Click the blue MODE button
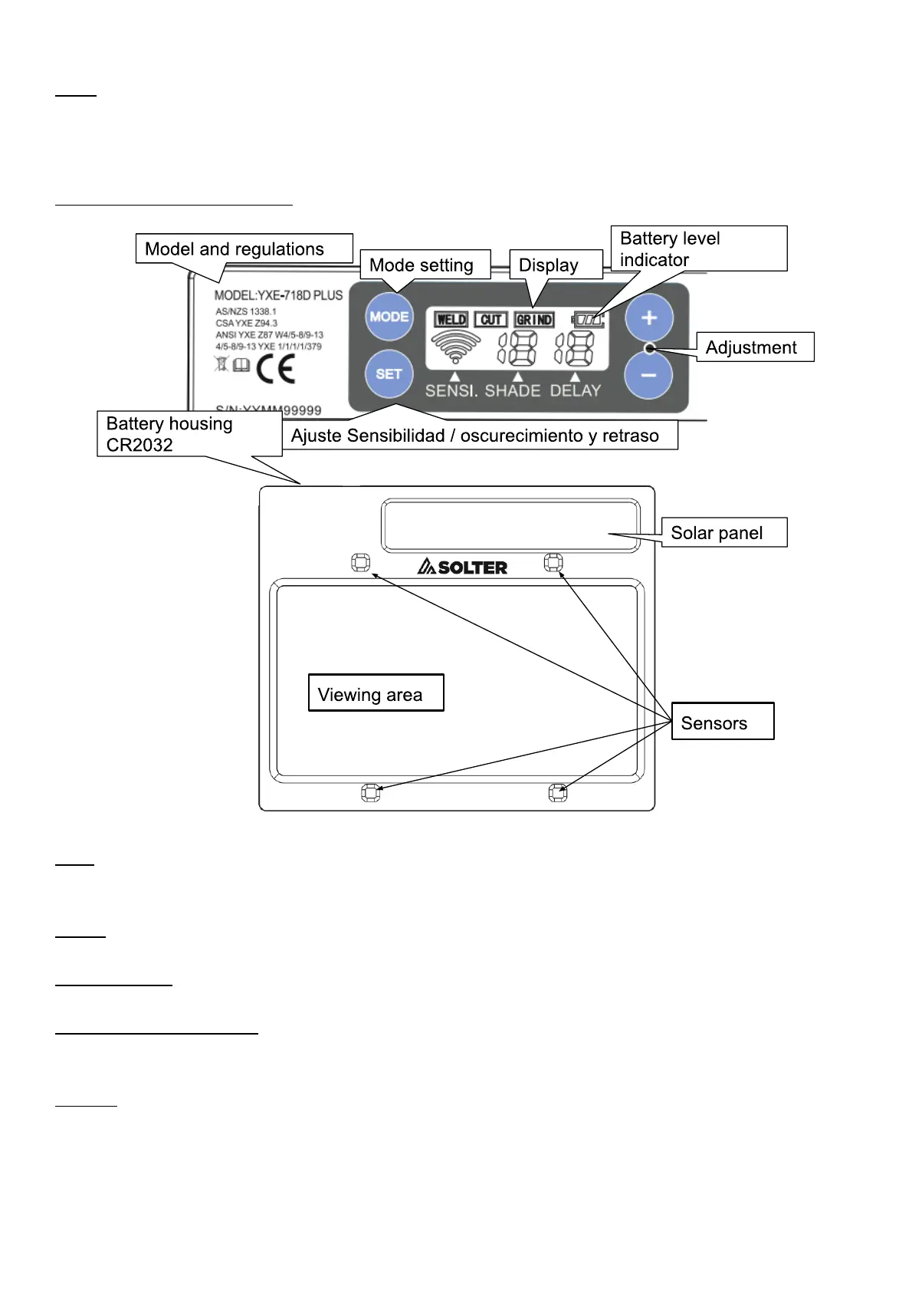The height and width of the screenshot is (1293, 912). tap(389, 317)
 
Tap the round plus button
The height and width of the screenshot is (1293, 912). tap(648, 317)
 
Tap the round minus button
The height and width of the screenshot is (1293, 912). tap(648, 376)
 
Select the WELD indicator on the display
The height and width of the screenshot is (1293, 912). tap(451, 320)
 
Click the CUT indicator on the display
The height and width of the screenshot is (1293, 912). tap(490, 320)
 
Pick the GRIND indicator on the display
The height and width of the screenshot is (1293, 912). tap(534, 320)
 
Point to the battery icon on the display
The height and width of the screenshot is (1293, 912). tap(589, 320)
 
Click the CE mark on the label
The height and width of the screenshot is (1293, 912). tap(276, 369)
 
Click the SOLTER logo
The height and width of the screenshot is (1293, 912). tap(462, 568)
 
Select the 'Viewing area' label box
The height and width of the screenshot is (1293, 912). tap(376, 693)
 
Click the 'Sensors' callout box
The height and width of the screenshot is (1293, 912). tap(722, 722)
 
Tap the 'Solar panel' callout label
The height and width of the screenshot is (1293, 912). tap(723, 533)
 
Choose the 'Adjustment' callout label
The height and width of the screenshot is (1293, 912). tap(754, 347)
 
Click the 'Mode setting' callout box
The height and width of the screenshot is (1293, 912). tap(425, 265)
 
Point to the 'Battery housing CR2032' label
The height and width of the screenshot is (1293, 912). tap(189, 434)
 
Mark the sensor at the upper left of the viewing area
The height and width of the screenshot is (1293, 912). tap(360, 563)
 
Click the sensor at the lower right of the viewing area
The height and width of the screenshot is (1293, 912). tap(558, 793)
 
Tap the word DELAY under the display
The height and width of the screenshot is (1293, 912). tap(576, 391)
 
